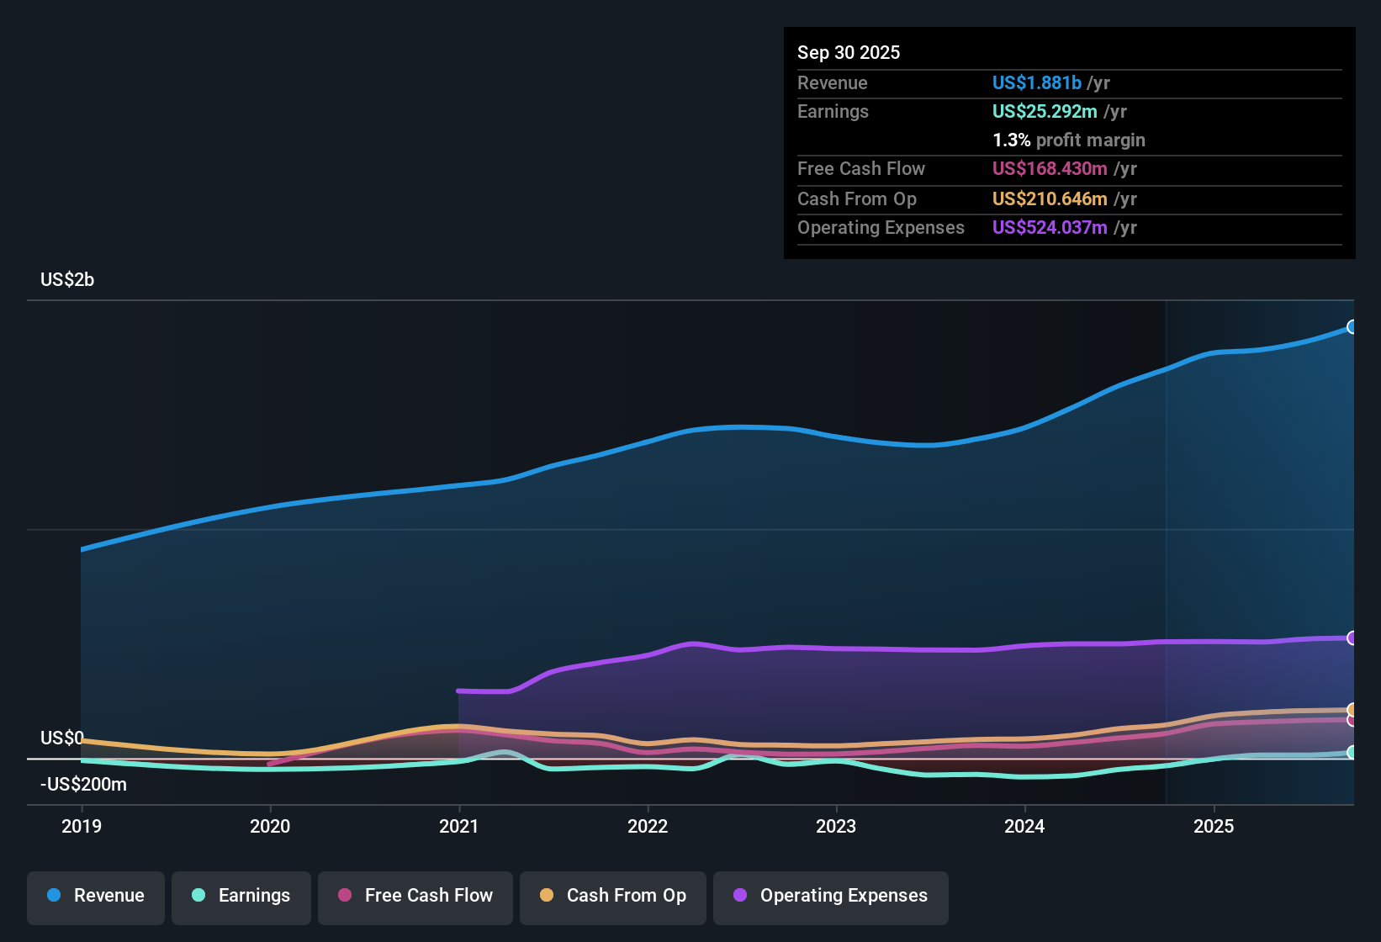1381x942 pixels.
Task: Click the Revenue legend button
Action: point(96,896)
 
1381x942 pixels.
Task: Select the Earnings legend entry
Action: point(241,896)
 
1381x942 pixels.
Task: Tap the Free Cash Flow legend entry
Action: point(415,896)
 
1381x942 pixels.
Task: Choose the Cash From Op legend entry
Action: point(613,896)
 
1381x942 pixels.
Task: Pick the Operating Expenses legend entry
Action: point(831,896)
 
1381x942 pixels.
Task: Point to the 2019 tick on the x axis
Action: point(82,826)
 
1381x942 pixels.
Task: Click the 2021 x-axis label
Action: point(459,826)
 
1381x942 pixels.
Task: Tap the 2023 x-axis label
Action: point(836,826)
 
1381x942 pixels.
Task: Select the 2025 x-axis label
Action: point(1214,826)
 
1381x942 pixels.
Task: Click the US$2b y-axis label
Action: point(67,280)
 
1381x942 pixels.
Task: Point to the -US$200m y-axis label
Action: point(83,785)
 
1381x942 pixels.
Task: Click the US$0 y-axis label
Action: point(62,738)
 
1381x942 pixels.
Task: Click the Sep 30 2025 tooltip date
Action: point(849,52)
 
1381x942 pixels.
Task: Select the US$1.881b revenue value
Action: point(1036,82)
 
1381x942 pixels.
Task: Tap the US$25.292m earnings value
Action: point(1045,111)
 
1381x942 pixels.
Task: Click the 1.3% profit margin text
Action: point(1068,140)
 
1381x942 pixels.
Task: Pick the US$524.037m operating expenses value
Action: point(1050,227)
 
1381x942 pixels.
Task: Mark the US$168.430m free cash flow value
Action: point(1050,168)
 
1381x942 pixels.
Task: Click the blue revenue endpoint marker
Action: point(1352,327)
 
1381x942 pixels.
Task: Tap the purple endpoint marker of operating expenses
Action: point(1352,638)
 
